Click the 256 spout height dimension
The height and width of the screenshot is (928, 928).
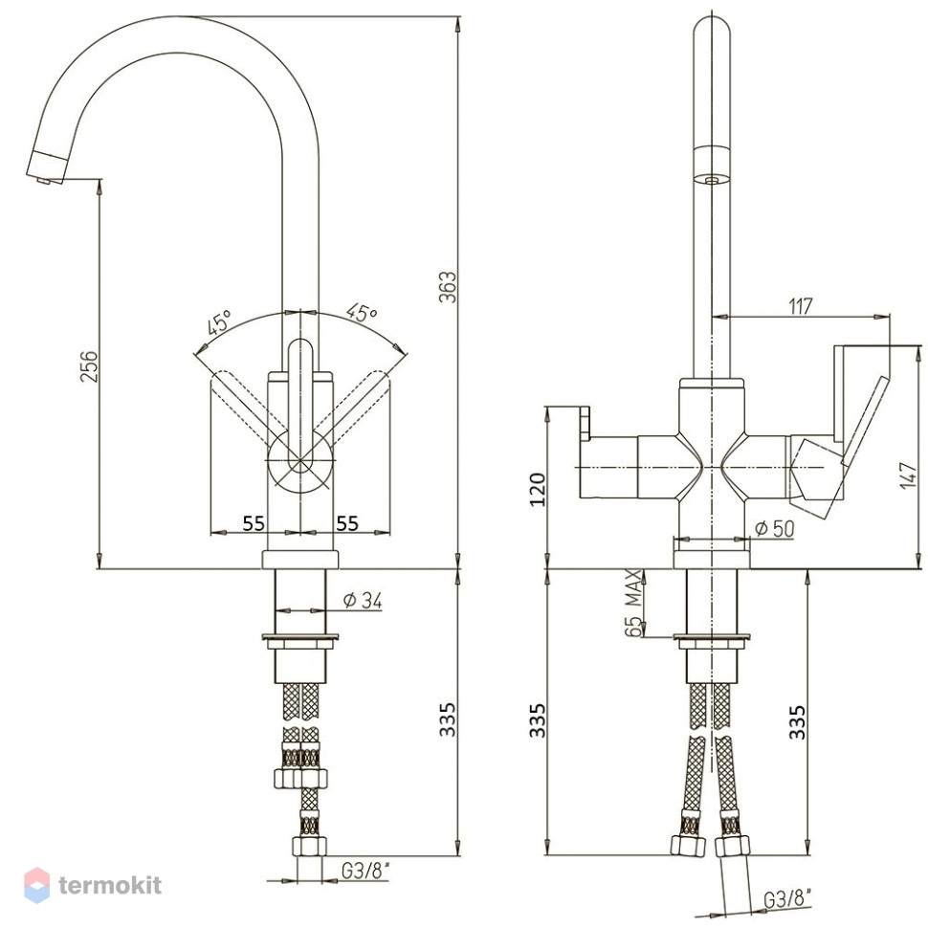point(89,366)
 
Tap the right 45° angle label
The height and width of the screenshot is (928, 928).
point(361,312)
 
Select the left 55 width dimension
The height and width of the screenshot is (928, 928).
point(254,523)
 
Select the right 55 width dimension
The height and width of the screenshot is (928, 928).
point(347,523)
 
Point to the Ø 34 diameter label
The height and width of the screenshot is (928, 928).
point(363,602)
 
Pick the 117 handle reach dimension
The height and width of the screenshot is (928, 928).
point(800,306)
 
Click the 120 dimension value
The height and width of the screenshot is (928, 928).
point(539,489)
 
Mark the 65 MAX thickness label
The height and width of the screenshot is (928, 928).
point(632,603)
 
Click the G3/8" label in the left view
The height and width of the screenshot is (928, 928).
point(365,871)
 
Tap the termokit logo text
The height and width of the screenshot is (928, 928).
point(110,885)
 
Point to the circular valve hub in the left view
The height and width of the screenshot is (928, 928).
point(298,460)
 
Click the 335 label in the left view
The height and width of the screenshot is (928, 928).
point(448,719)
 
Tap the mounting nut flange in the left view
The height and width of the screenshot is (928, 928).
point(300,638)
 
